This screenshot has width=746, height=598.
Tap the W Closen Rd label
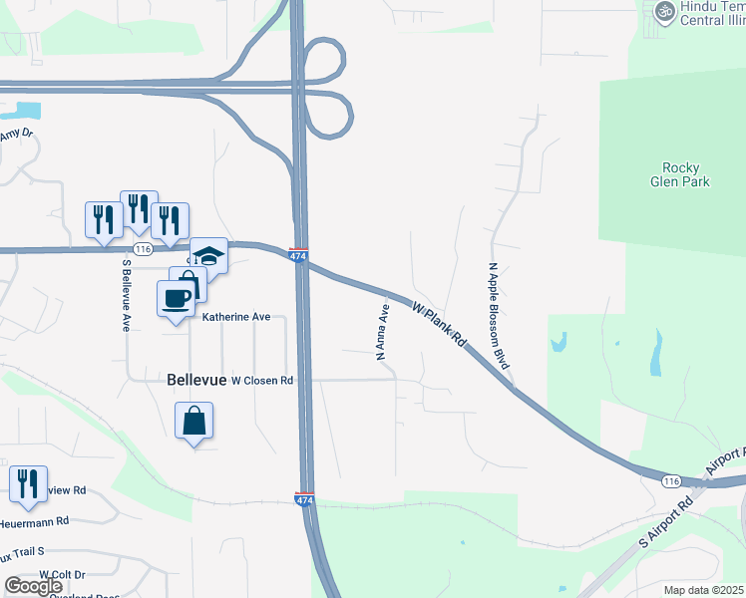pos(262,381)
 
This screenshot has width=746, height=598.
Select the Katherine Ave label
pos(236,317)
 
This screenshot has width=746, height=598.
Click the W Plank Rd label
pos(440,325)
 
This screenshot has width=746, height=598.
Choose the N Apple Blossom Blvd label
pos(499,316)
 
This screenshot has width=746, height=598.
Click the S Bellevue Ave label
pos(127,296)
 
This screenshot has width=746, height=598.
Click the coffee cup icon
pos(176,298)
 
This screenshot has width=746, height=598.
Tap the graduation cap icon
pos(209,255)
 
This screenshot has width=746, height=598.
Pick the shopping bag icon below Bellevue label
pos(193,421)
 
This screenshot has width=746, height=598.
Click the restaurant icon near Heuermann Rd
pos(28,483)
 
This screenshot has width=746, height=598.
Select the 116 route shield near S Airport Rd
pos(670,481)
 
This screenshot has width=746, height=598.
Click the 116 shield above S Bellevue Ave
pos(142,248)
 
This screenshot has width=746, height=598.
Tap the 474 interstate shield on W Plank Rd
pos(298,255)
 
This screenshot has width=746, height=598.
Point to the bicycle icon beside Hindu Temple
pos(664,12)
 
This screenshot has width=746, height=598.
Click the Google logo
pos(33,586)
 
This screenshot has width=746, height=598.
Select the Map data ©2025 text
pos(704,590)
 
